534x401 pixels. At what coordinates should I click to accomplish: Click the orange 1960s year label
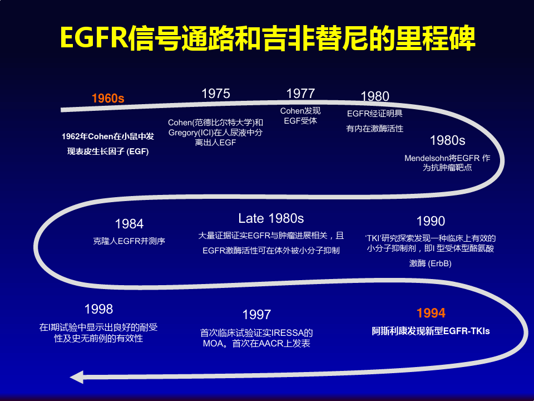(108, 99)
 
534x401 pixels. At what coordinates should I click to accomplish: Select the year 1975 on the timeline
(216, 94)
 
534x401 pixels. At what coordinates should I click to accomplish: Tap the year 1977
(300, 94)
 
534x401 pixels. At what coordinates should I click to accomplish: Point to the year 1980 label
(375, 96)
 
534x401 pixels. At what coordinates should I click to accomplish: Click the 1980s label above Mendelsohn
(448, 140)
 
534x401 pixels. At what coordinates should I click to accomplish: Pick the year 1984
(129, 224)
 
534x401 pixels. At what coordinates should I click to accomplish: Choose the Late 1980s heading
(271, 218)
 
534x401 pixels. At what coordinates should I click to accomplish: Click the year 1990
(431, 222)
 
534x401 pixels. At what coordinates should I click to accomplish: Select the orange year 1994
(431, 313)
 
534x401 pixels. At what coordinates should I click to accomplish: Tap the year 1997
(256, 315)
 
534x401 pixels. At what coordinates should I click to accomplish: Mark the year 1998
(98, 309)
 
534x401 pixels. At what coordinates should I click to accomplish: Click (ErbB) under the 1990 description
(440, 263)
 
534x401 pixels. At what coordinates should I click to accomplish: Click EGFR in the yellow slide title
(92, 39)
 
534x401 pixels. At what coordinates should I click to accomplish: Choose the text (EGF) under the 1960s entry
(138, 151)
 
